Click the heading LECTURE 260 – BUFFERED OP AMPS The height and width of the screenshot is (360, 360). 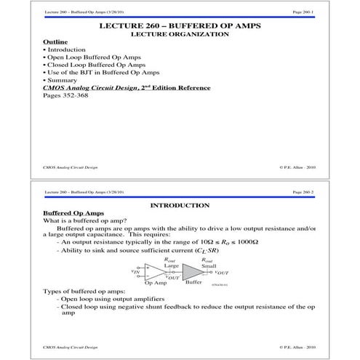pos(180,26)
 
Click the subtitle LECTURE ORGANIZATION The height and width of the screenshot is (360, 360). pos(180,34)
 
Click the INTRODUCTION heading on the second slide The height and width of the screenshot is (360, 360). pos(180,205)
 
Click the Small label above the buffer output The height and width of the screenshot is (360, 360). pos(209,265)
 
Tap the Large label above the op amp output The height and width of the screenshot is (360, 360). pos(171,265)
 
